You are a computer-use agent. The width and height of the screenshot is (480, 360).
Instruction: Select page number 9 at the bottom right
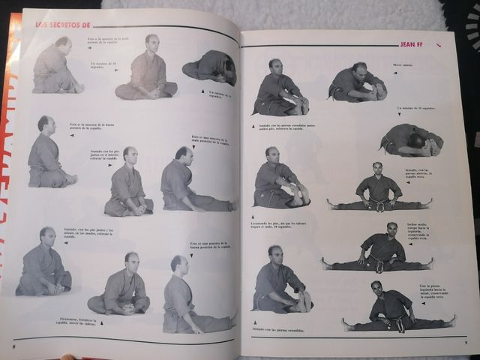(x=465, y=343)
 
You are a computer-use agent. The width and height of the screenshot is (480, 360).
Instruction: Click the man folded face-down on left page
(x=210, y=68)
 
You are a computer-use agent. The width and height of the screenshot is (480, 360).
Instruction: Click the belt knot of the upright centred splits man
(x=380, y=205)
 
